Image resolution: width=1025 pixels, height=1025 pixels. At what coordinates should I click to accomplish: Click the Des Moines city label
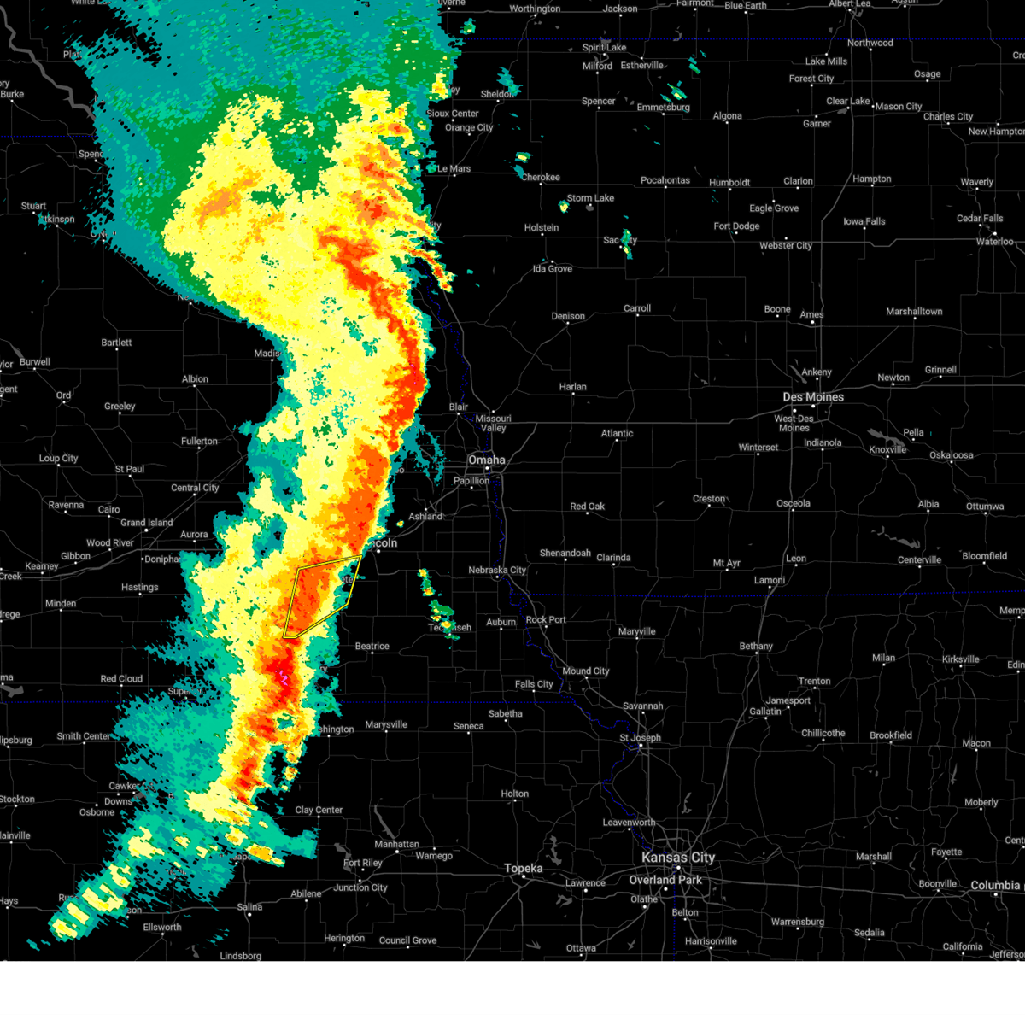click(813, 397)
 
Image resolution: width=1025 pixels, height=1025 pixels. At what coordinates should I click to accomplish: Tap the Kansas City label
click(678, 858)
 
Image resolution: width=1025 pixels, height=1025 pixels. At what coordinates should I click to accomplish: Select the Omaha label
click(486, 460)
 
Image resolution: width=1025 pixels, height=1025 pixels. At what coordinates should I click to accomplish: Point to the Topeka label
click(523, 869)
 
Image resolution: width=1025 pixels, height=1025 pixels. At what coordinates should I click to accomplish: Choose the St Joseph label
click(640, 738)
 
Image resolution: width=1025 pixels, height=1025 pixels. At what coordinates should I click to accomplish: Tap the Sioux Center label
click(452, 114)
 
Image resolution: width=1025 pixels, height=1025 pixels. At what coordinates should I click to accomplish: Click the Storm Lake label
click(590, 198)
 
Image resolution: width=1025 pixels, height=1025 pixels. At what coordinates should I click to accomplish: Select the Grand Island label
click(146, 523)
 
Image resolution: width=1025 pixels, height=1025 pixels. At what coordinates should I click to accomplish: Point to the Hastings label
click(139, 588)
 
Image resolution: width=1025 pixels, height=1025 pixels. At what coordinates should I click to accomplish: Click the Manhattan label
click(396, 844)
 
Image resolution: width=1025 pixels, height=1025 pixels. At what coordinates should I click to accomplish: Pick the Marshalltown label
click(914, 312)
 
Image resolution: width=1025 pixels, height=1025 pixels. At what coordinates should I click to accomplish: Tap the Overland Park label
click(665, 880)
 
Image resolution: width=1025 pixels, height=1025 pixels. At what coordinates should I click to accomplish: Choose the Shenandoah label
click(565, 553)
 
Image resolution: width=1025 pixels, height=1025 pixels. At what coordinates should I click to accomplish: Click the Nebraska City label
click(497, 570)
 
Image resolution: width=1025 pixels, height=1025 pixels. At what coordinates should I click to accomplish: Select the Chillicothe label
click(823, 733)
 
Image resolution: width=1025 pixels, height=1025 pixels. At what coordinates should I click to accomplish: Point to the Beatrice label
click(372, 647)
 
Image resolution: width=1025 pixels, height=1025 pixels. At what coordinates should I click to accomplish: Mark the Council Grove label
click(407, 940)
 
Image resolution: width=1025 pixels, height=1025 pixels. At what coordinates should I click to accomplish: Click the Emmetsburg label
click(663, 108)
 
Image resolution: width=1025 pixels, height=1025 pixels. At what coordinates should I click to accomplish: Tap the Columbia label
click(995, 886)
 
